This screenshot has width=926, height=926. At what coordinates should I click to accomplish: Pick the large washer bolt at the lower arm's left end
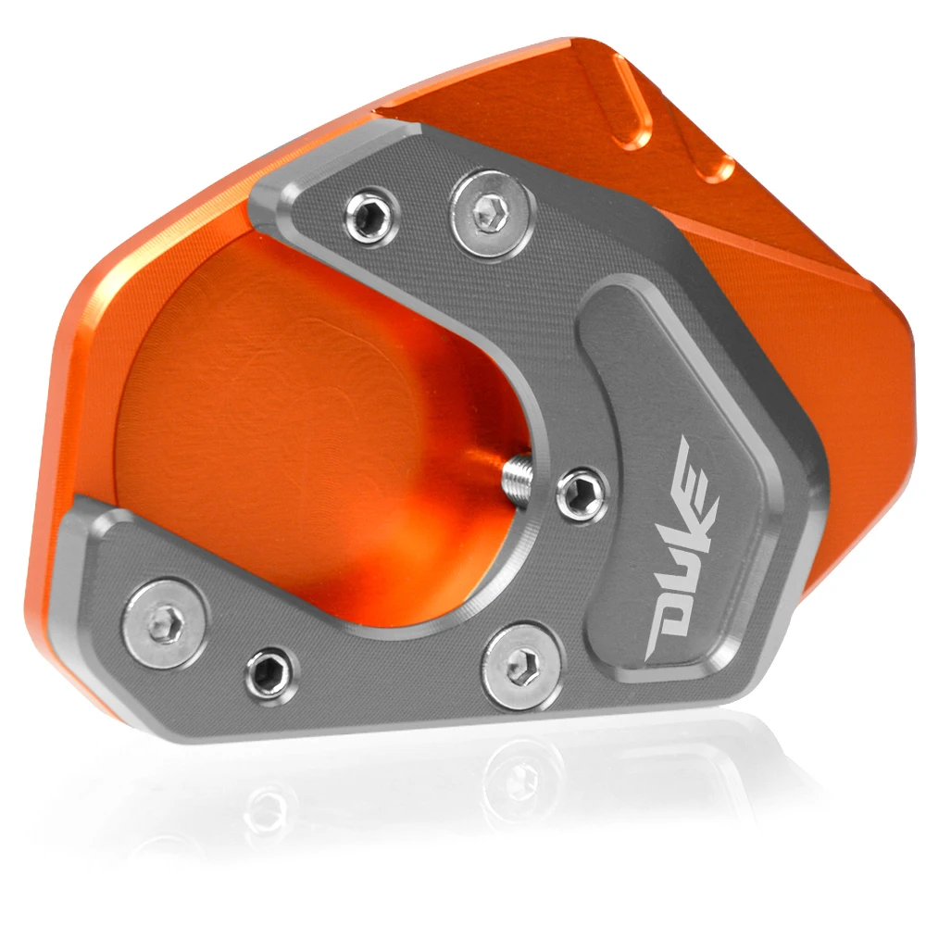(x=164, y=623)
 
